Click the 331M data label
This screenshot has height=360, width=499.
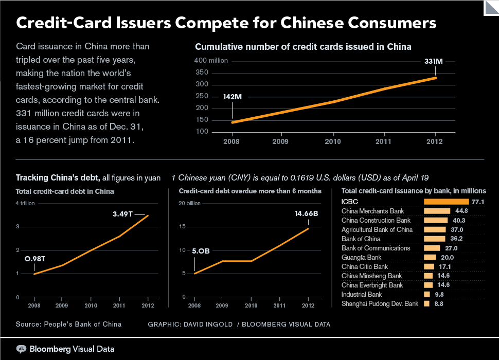(x=434, y=61)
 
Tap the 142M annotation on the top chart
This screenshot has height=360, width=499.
(x=233, y=97)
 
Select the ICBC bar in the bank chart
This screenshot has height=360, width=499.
(x=446, y=202)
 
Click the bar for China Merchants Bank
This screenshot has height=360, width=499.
(x=437, y=211)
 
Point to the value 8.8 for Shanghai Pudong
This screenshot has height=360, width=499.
(x=438, y=304)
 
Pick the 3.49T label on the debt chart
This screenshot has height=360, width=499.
(x=122, y=214)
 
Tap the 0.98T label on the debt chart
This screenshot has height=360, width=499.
(x=35, y=259)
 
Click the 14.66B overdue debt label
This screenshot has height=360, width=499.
(x=306, y=213)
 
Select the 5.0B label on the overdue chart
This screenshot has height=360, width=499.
(x=201, y=251)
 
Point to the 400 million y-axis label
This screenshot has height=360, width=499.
(x=211, y=60)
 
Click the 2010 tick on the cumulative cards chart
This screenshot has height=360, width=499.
(x=333, y=141)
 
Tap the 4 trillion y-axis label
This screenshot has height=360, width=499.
(x=25, y=203)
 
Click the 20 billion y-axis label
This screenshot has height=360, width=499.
(x=189, y=203)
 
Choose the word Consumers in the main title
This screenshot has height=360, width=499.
(x=392, y=23)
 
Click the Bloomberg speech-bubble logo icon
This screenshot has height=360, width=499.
(x=21, y=349)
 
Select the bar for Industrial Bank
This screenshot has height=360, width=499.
(x=427, y=295)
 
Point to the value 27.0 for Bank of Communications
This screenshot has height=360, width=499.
(x=451, y=248)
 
